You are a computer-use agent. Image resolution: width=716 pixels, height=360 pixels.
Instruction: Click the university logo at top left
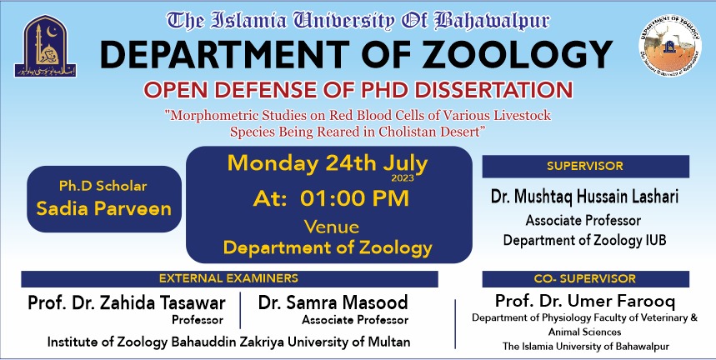point(40,46)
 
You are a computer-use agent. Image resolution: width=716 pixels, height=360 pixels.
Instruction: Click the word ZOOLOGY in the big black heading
point(493,54)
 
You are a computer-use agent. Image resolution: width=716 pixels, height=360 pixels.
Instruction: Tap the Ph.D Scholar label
point(103,184)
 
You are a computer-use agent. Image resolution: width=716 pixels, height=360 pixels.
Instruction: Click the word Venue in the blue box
point(331,227)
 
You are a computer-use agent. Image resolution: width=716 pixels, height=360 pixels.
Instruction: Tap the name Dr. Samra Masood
point(333,302)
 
